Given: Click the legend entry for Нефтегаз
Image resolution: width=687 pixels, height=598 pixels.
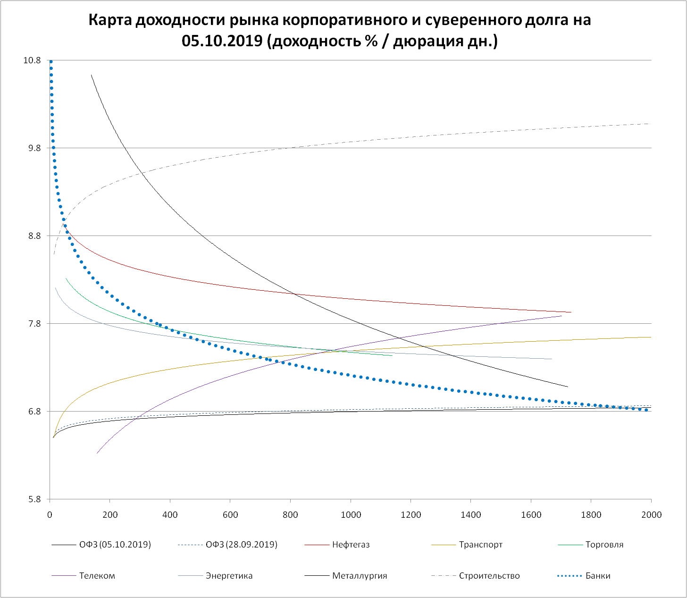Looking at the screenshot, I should tap(351, 545).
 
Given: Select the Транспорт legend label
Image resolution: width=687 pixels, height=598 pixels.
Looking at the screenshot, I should tap(480, 545).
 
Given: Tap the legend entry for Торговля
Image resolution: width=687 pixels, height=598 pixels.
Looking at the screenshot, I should tap(604, 545).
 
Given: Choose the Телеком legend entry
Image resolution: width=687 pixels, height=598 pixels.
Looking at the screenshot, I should tap(97, 576).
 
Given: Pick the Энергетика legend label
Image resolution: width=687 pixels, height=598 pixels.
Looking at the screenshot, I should tap(229, 576).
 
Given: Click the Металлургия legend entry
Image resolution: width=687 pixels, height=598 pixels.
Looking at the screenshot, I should tap(359, 576).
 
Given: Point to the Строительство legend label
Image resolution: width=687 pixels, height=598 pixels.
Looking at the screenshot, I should tap(489, 576).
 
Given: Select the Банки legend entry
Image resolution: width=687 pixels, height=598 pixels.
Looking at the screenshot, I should tap(597, 576).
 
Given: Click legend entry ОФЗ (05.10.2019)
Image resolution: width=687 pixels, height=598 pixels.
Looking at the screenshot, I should tap(115, 545).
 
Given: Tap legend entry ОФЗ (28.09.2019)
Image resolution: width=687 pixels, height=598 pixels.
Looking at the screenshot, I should tap(241, 545).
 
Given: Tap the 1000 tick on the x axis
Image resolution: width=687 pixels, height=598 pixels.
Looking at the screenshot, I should tap(351, 514).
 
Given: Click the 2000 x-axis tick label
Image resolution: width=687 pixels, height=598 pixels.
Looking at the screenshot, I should tap(652, 514).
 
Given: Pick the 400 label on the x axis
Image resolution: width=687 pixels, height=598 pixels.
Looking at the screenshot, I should tap(170, 514).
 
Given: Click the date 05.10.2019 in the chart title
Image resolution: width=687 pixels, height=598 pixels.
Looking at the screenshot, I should tap(222, 41).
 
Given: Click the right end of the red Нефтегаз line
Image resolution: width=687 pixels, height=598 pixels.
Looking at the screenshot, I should tap(571, 312).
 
